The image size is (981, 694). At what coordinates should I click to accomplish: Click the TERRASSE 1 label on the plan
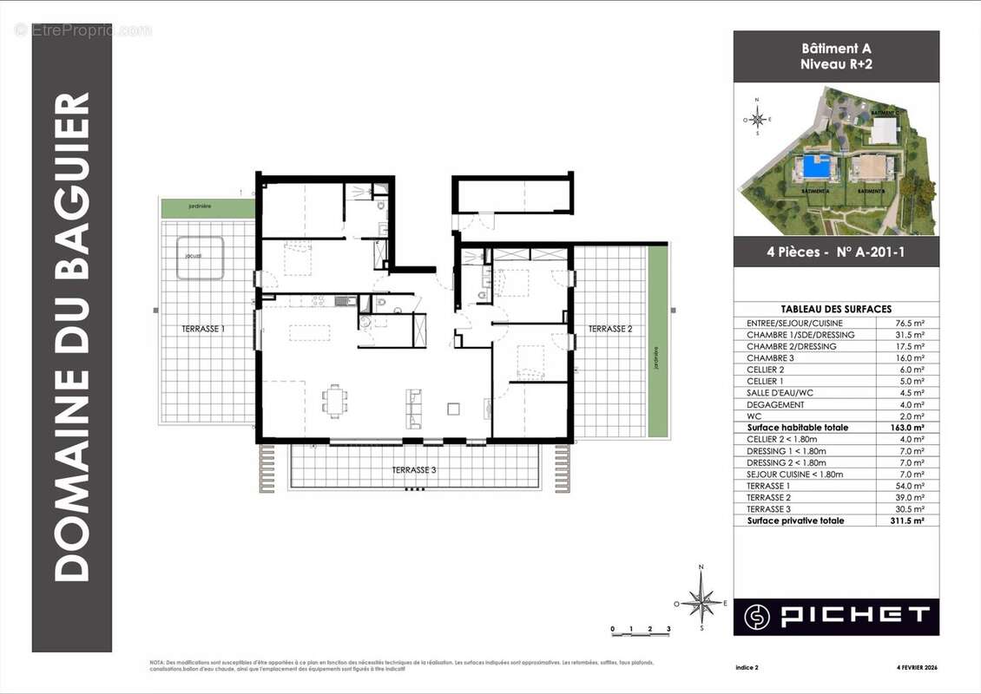click(x=203, y=330)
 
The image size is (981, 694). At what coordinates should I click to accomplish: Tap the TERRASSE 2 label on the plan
click(x=610, y=329)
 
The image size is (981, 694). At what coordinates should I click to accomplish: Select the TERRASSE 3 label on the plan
click(x=414, y=470)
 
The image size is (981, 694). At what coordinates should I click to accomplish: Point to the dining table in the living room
click(x=335, y=400)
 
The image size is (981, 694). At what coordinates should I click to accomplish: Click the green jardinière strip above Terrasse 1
click(x=207, y=207)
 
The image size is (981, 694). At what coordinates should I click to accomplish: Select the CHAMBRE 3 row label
click(x=769, y=357)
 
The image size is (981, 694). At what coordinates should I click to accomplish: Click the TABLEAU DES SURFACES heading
click(x=836, y=309)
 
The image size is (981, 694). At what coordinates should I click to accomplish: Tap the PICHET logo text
click(x=855, y=616)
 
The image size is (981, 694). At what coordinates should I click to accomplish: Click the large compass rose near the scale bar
click(x=701, y=600)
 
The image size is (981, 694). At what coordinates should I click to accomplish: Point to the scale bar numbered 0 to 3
click(x=641, y=630)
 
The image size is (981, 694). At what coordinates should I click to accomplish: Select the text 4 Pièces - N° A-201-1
click(x=836, y=253)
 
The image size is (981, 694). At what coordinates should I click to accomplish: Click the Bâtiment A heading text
click(x=836, y=49)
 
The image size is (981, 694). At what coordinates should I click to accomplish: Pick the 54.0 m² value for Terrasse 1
click(x=911, y=486)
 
